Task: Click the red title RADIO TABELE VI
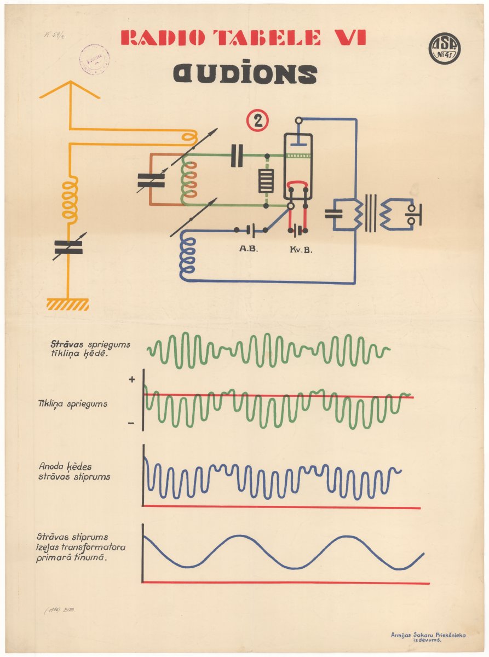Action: pyautogui.click(x=243, y=38)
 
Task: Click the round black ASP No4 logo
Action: pyautogui.click(x=444, y=49)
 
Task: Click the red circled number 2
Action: pyautogui.click(x=257, y=121)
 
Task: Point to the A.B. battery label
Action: pyautogui.click(x=248, y=248)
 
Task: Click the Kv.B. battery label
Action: pyautogui.click(x=297, y=249)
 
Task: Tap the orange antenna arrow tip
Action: pyautogui.click(x=70, y=83)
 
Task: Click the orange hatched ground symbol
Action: pyautogui.click(x=68, y=304)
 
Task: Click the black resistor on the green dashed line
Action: pyautogui.click(x=266, y=181)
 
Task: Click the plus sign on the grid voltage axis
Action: pyautogui.click(x=132, y=379)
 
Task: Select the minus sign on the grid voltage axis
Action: pyautogui.click(x=131, y=423)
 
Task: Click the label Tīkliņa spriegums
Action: pyautogui.click(x=72, y=404)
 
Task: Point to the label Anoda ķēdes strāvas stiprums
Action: pyautogui.click(x=74, y=471)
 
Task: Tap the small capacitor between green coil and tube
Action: pyautogui.click(x=237, y=155)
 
